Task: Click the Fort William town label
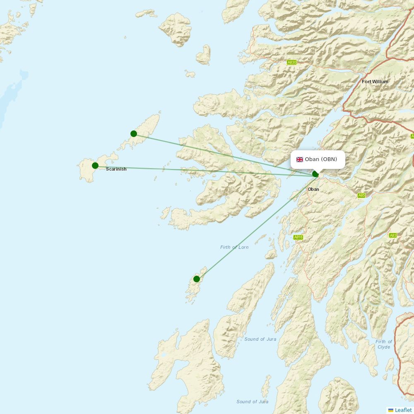pos(375,82)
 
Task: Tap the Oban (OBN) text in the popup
pos(321,159)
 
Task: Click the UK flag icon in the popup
pos(300,159)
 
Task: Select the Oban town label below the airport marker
pos(313,189)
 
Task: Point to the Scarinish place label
pos(116,169)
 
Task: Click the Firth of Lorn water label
pos(234,247)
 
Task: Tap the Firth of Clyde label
pos(384,344)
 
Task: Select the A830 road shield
pos(292,62)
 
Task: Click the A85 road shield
pos(362,195)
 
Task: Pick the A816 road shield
pos(298,237)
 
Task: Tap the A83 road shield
pos(393,235)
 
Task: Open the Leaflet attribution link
pos(403,410)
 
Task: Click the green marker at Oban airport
pos(315,174)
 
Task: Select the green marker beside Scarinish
pos(95,166)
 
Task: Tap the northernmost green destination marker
pos(134,133)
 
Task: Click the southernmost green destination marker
pos(197,279)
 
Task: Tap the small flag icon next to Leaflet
pos(391,410)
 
